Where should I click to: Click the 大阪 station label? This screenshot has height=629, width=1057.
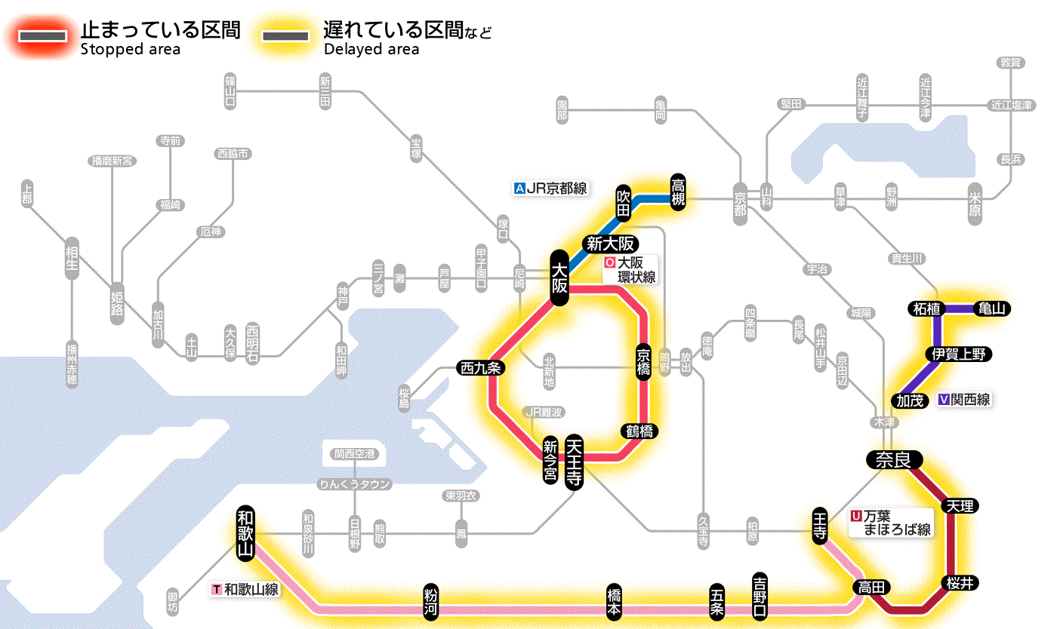(559, 278)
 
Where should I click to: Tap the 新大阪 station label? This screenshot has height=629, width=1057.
(612, 244)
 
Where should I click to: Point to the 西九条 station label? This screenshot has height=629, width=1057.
(481, 368)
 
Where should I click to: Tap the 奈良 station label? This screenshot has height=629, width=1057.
(893, 459)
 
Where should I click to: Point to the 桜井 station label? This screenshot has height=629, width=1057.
(962, 582)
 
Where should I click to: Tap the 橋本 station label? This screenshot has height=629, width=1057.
(615, 601)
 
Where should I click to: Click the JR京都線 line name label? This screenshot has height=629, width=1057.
(550, 189)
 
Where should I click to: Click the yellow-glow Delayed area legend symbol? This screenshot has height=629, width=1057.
(285, 36)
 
